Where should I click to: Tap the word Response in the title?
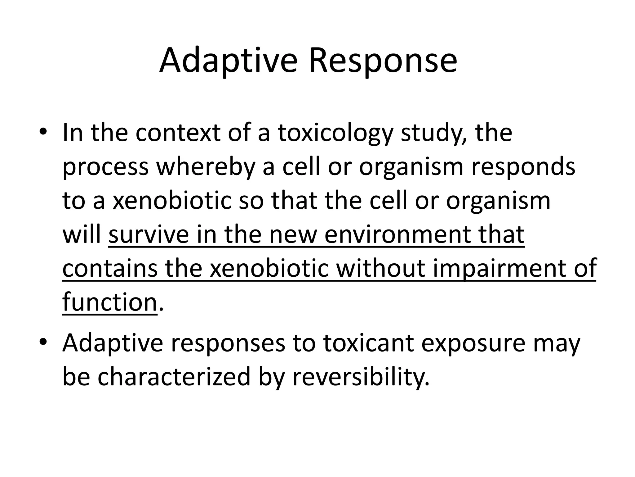click(383, 61)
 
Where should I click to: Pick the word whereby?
click(206, 167)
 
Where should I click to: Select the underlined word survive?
click(148, 234)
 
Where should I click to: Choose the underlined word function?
click(109, 302)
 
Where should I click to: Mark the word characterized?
click(174, 376)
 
